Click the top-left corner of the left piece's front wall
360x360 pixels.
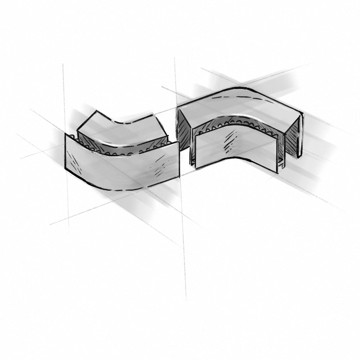[x=65, y=134]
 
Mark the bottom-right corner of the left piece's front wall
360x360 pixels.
[x=179, y=176]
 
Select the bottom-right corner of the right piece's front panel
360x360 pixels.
[x=278, y=173]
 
